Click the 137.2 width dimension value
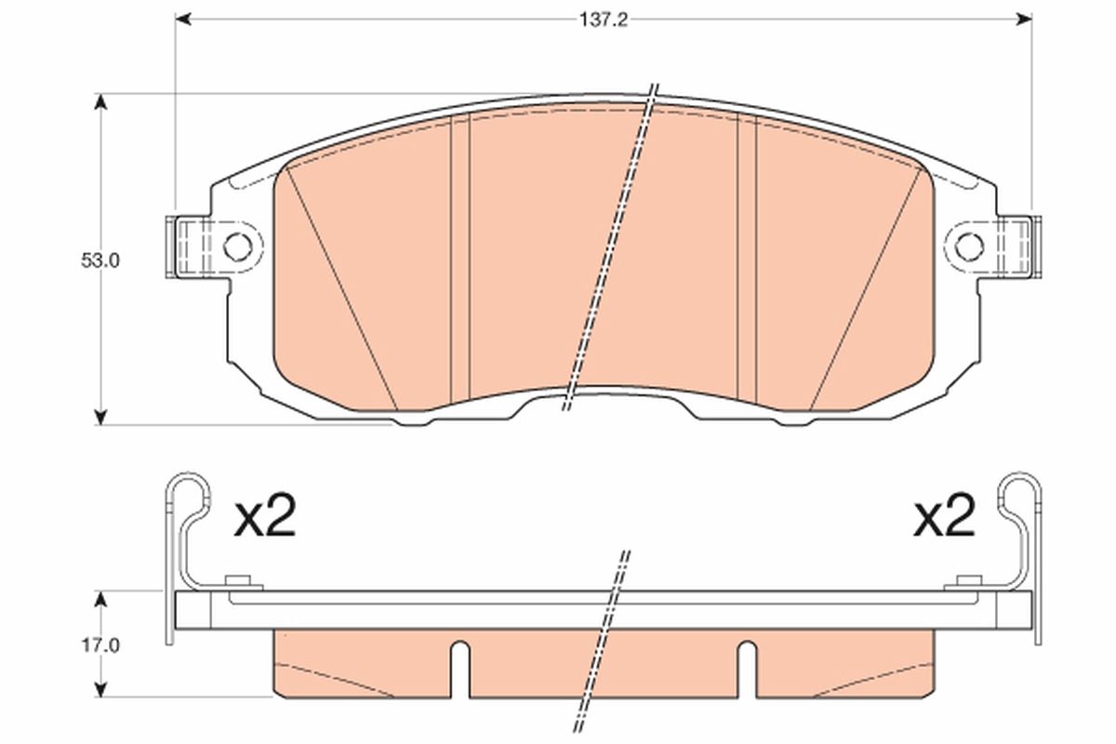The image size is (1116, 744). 604,19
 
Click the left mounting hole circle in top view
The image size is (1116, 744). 238,246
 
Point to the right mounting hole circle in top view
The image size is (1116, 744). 969,246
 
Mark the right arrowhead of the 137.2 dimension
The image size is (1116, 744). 1025,19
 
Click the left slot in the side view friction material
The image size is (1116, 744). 459,668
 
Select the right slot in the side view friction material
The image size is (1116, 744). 746,668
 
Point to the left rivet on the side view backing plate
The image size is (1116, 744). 239,582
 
